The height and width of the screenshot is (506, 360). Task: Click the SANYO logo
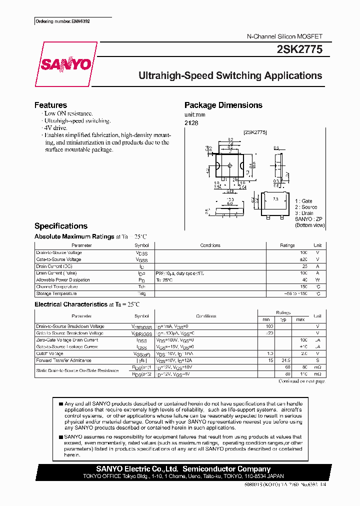[x=65, y=64]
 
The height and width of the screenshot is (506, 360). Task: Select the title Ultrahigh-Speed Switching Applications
[x=230, y=76]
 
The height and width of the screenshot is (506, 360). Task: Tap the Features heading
[x=50, y=105]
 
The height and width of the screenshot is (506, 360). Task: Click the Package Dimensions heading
[x=223, y=105]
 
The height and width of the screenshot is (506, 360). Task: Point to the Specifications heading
[x=60, y=226]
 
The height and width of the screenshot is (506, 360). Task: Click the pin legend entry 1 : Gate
[x=303, y=201]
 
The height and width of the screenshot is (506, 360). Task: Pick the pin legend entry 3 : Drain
[x=304, y=213]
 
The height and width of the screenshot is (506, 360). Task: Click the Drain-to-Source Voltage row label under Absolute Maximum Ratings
[x=59, y=252]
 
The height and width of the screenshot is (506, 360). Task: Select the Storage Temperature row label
[x=56, y=293]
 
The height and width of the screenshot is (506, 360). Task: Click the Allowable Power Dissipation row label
[x=63, y=280]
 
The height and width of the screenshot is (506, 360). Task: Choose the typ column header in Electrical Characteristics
[x=283, y=319]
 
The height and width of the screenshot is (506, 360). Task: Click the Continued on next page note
[x=301, y=381]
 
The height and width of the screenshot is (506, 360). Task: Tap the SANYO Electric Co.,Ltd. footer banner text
[x=183, y=469]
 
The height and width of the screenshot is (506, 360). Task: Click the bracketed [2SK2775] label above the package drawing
[x=255, y=132]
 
